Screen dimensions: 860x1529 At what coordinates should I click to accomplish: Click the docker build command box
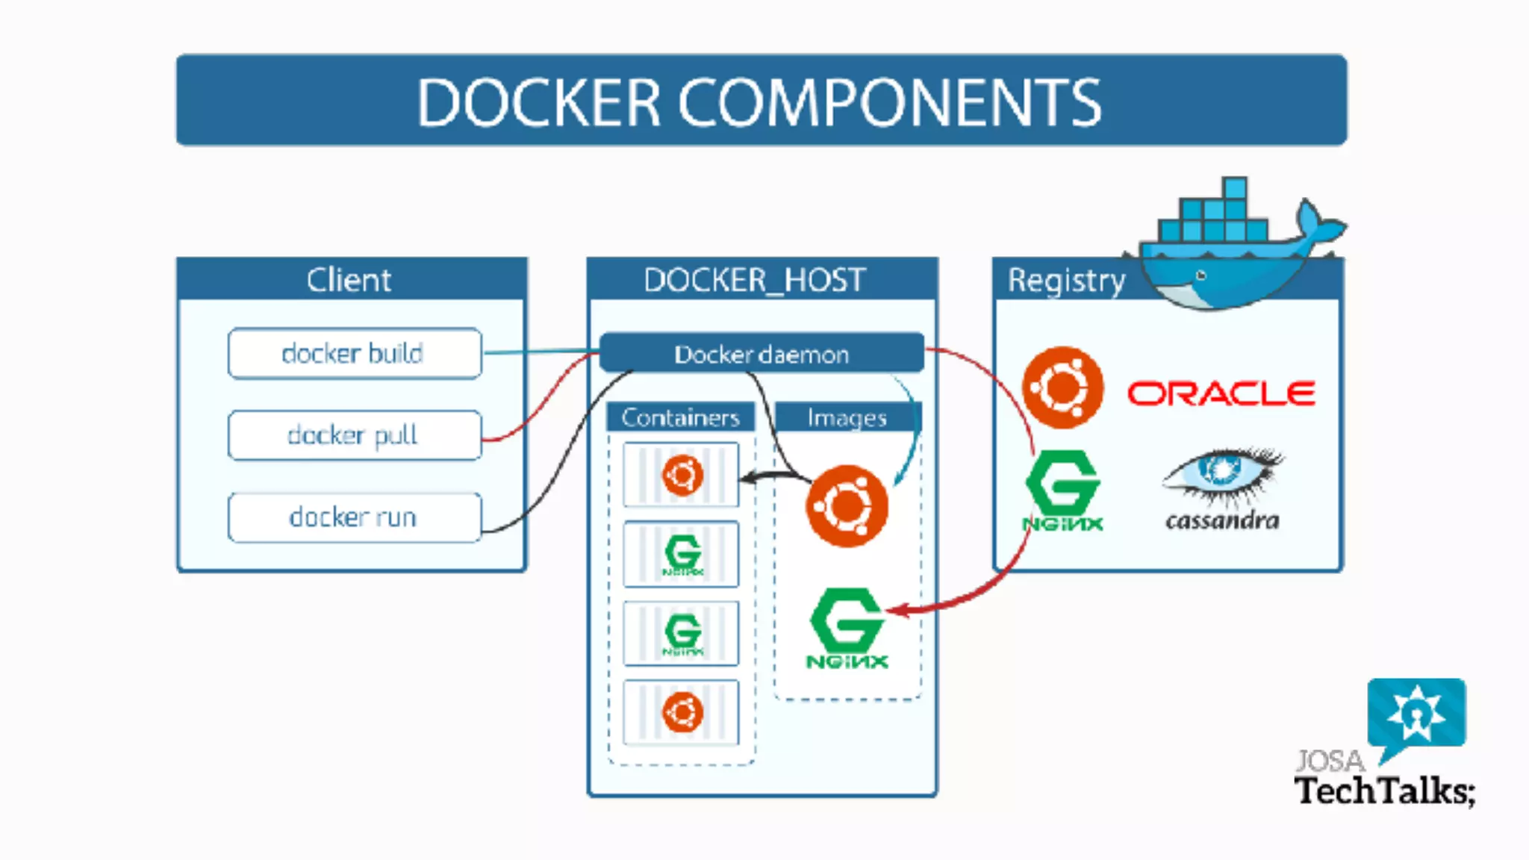coord(355,353)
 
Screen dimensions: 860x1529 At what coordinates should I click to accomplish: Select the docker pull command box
coord(355,435)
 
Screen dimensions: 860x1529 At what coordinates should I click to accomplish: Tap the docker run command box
coord(355,517)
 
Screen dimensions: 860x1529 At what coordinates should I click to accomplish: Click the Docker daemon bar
coord(762,354)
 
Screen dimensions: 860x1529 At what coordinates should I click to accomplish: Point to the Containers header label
coord(680,417)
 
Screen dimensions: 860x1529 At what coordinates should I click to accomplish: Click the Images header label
coord(847,417)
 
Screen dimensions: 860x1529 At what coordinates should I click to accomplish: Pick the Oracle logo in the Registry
coord(1221,393)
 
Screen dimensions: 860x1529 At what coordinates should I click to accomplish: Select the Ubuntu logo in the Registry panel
coord(1062,387)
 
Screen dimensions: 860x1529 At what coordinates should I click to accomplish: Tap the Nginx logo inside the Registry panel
coord(1062,490)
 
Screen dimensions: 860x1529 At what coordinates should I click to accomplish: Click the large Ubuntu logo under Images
coord(847,506)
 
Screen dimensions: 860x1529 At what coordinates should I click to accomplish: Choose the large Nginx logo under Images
coord(847,627)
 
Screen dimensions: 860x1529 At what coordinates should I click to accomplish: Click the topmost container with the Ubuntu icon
coord(682,475)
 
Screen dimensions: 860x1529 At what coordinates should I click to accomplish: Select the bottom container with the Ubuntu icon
coord(682,712)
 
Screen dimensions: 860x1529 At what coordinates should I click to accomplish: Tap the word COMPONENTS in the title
coord(888,102)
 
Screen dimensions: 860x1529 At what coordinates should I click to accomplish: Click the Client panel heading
coord(349,280)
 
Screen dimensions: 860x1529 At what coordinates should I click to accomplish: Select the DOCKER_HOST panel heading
coord(754,280)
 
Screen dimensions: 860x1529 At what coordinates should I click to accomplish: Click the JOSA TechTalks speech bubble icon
coord(1416,713)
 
